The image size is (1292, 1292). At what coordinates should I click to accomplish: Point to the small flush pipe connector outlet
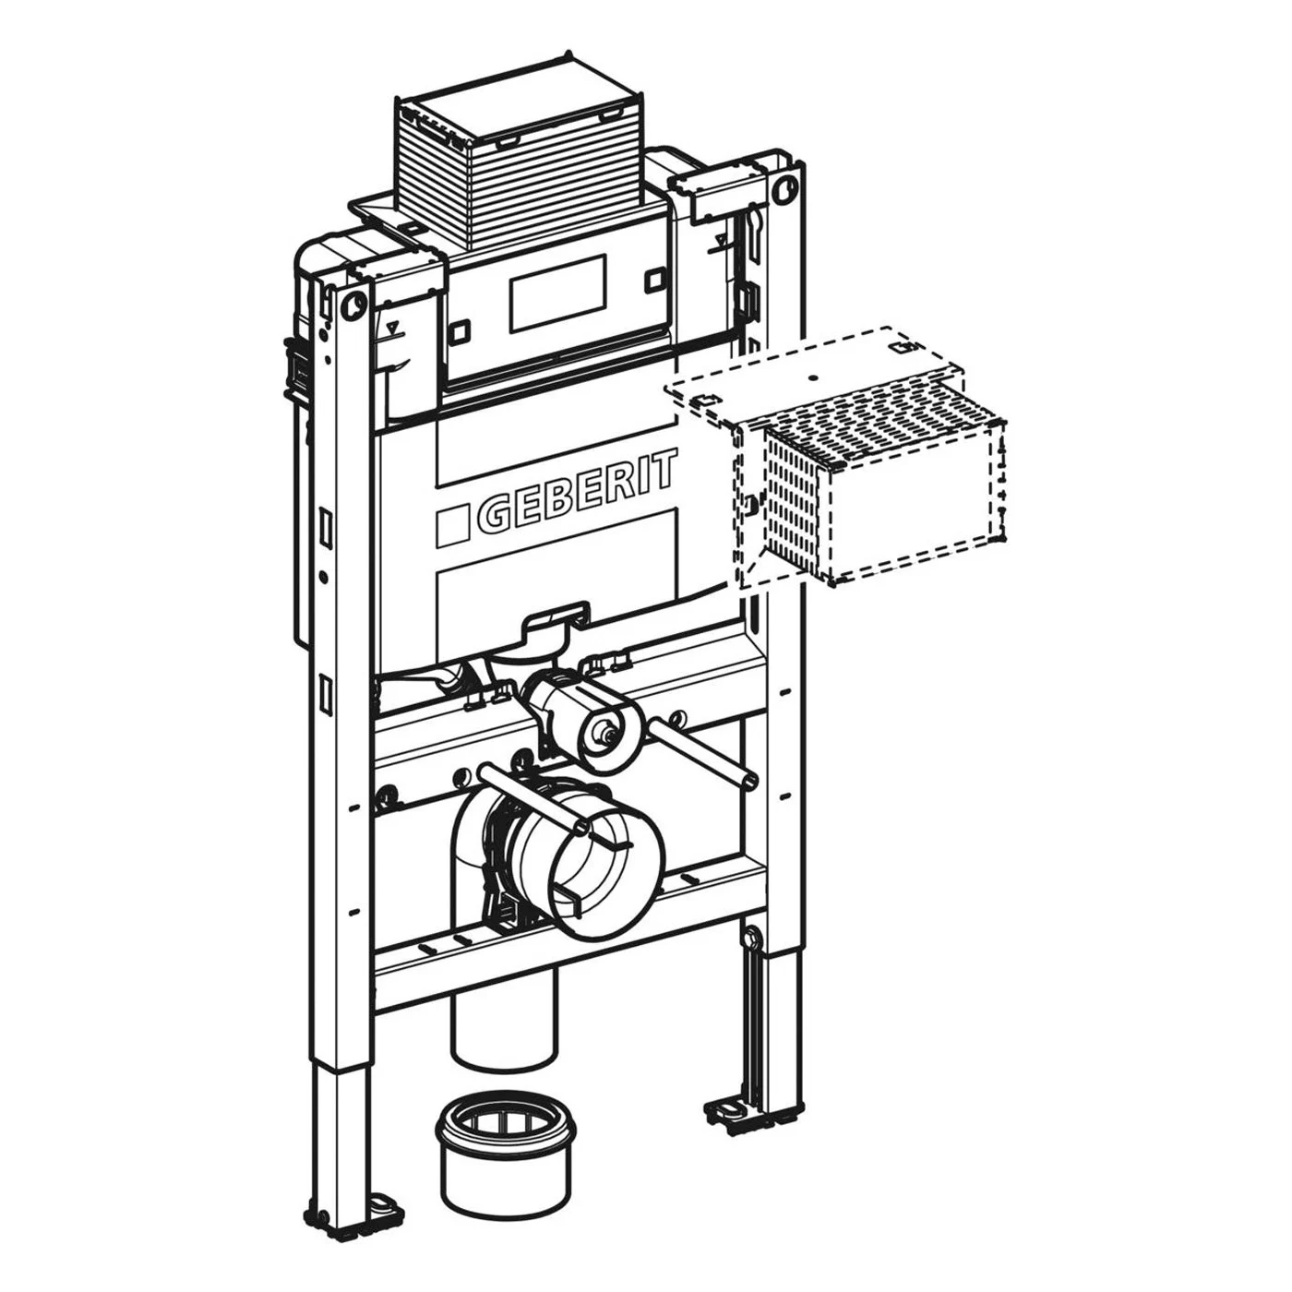pos(606,736)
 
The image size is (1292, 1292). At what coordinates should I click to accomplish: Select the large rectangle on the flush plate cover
pos(557,293)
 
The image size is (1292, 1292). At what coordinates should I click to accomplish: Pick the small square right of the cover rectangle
pos(654,280)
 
